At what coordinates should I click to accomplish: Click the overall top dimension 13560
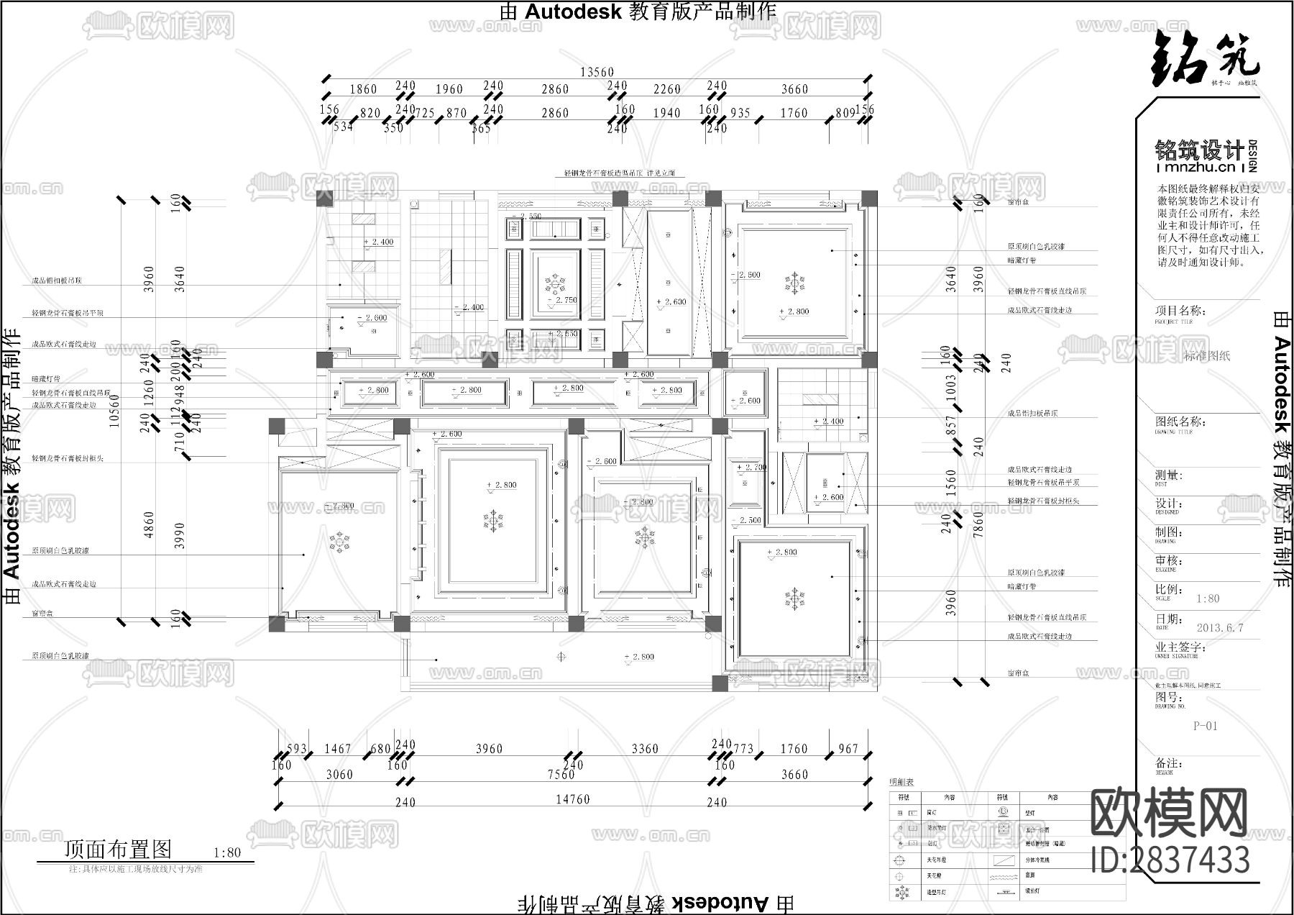tap(597, 72)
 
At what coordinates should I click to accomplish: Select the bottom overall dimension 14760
tap(573, 799)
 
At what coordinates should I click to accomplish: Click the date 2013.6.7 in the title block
tap(1219, 627)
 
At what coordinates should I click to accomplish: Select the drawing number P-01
tap(1206, 726)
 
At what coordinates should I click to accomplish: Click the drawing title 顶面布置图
tap(118, 850)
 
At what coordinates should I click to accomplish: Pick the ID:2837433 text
tap(1170, 860)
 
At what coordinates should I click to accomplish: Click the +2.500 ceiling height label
tap(749, 520)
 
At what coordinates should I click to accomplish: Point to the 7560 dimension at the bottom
tap(561, 774)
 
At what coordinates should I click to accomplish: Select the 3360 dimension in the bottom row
tap(645, 749)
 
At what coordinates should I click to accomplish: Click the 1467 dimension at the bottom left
tap(337, 749)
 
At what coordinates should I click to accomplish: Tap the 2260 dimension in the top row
tap(666, 89)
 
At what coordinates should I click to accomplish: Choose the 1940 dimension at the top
tap(666, 113)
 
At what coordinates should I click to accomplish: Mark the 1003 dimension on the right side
tap(950, 389)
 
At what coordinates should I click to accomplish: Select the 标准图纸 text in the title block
tap(1207, 356)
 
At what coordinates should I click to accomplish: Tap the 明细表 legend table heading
tap(901, 782)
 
